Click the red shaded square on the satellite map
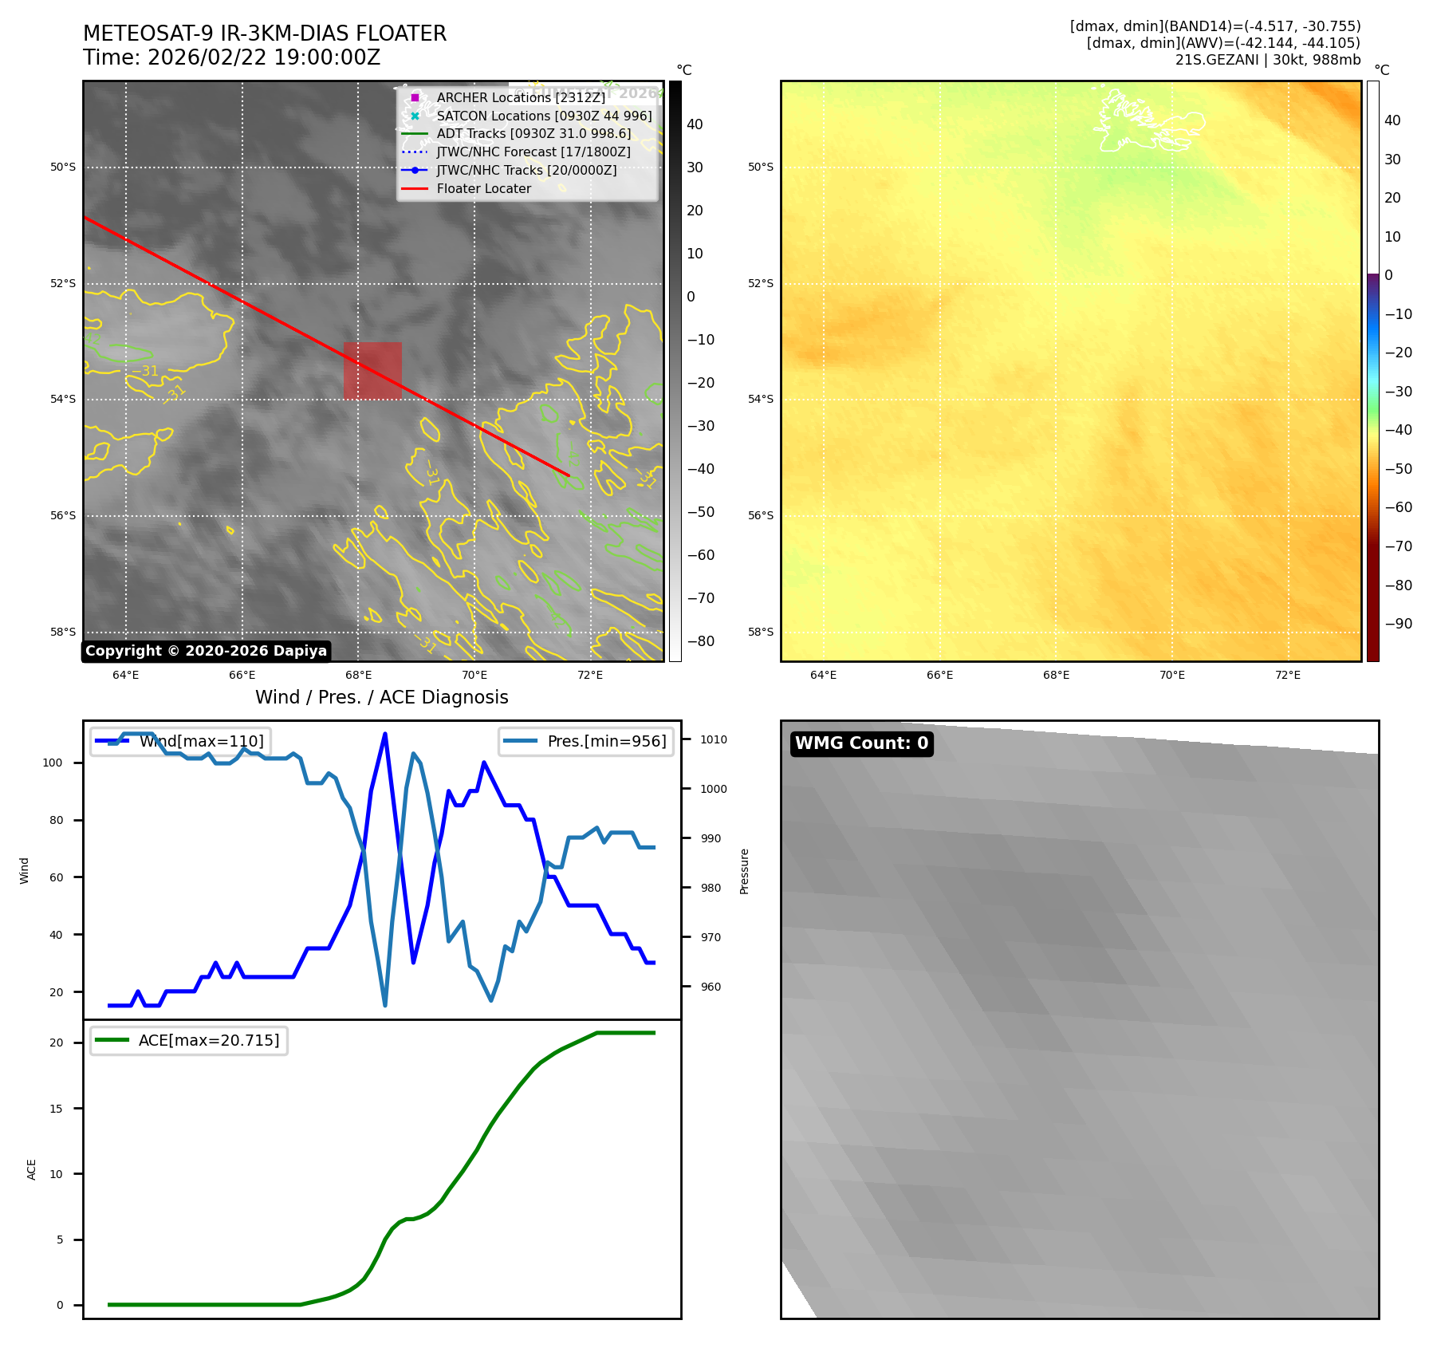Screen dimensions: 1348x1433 pyautogui.click(x=372, y=370)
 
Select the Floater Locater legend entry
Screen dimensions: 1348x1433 pyautogui.click(x=483, y=188)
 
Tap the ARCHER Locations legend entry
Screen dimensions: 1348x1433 pyautogui.click(x=521, y=97)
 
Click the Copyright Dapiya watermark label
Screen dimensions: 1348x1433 pyautogui.click(x=206, y=651)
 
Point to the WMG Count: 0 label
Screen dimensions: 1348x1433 pyautogui.click(x=861, y=743)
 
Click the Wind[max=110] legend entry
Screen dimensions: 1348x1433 pyautogui.click(x=201, y=741)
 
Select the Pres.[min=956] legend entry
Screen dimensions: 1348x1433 pyautogui.click(x=606, y=741)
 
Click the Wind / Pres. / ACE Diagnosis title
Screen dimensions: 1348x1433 pyautogui.click(x=381, y=697)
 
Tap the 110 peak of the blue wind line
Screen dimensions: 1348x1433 pyautogui.click(x=385, y=734)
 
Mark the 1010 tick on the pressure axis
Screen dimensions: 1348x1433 pyautogui.click(x=714, y=739)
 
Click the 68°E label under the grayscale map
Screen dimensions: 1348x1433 pyautogui.click(x=358, y=675)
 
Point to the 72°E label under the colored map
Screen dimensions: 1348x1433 pyautogui.click(x=1287, y=675)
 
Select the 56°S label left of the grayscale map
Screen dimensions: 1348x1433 pyautogui.click(x=63, y=515)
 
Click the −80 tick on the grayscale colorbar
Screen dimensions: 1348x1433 pyautogui.click(x=701, y=641)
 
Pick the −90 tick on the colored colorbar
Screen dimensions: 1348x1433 pyautogui.click(x=1398, y=624)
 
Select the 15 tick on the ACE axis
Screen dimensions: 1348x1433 pyautogui.click(x=56, y=1109)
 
